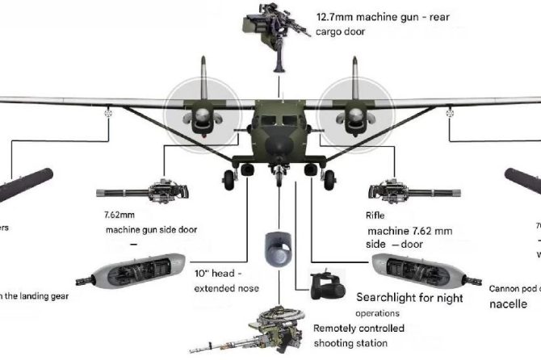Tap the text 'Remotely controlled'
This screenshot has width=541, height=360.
pyautogui.click(x=359, y=329)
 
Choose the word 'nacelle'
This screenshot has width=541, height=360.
pyautogui.click(x=512, y=304)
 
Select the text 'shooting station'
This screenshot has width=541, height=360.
pyautogui.click(x=349, y=344)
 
